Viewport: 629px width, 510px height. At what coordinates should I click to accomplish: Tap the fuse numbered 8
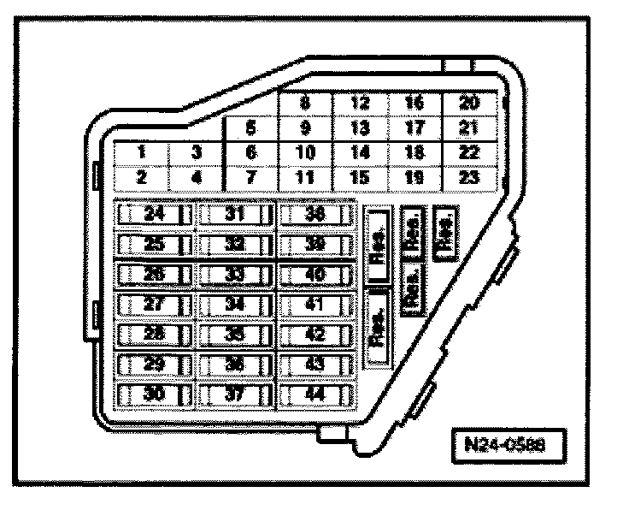coord(305,104)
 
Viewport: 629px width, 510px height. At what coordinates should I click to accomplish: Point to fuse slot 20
coord(468,104)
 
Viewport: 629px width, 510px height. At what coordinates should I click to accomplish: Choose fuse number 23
coord(468,178)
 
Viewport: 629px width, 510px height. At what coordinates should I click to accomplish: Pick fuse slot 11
coord(305,178)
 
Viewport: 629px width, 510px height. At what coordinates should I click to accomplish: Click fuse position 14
coord(360,154)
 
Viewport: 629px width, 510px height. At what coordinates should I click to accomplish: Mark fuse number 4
coord(196,178)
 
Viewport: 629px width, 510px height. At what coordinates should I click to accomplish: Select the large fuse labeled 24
coord(154,215)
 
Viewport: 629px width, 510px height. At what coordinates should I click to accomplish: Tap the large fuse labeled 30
coord(154,395)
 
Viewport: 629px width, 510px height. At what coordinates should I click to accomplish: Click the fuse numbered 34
coord(235,305)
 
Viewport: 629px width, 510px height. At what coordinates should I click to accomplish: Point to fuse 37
coord(235,395)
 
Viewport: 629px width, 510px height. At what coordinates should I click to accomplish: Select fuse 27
coord(154,305)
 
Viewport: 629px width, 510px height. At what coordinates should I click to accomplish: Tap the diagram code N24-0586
coord(509,447)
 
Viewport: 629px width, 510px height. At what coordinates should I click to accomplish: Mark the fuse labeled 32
coord(235,245)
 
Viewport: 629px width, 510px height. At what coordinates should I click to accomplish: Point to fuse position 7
coord(250,178)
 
